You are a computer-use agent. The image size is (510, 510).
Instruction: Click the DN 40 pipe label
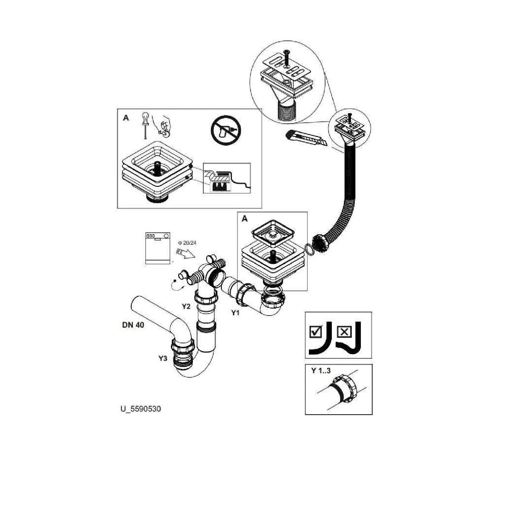click(133, 325)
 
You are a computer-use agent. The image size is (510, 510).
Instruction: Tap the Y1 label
click(235, 313)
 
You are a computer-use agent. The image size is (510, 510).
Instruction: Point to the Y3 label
click(163, 358)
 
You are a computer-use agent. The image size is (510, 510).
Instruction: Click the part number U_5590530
click(141, 409)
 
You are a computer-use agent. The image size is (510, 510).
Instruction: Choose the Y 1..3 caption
click(321, 371)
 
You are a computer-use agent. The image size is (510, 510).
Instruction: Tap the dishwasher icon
click(157, 248)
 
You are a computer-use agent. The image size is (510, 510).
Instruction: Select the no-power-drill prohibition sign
click(226, 130)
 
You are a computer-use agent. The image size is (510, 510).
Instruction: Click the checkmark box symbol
click(316, 331)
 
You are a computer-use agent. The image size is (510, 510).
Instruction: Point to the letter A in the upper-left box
click(126, 118)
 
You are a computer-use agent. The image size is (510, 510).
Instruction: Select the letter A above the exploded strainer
click(245, 219)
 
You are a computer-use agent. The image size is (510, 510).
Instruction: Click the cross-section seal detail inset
click(227, 178)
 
